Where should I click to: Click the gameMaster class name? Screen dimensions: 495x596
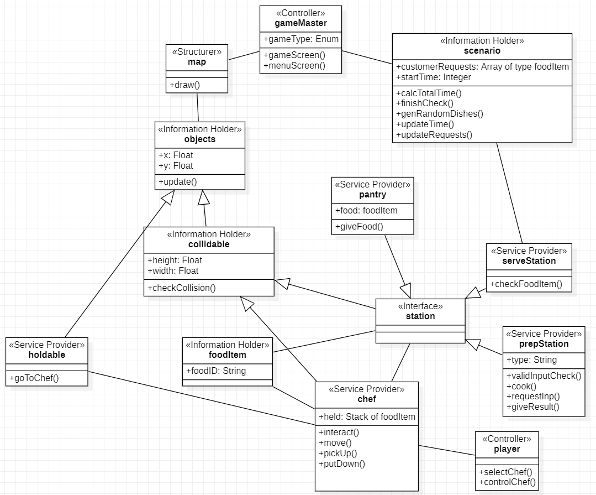point(300,23)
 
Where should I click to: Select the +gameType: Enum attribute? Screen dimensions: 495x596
point(301,39)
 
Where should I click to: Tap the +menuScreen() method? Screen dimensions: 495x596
point(294,65)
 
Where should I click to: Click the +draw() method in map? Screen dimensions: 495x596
point(184,85)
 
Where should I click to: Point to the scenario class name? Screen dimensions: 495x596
point(482,51)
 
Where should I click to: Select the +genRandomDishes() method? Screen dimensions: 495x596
point(440,113)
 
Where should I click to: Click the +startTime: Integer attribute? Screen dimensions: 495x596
point(434,77)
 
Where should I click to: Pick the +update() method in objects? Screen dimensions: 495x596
point(178,181)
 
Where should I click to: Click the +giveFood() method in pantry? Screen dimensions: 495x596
point(359,226)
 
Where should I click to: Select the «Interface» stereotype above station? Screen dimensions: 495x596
point(420,306)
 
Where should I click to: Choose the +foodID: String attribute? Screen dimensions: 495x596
point(216,371)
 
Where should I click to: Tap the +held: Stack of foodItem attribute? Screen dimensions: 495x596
point(367,416)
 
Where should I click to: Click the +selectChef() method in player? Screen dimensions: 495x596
point(505,472)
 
